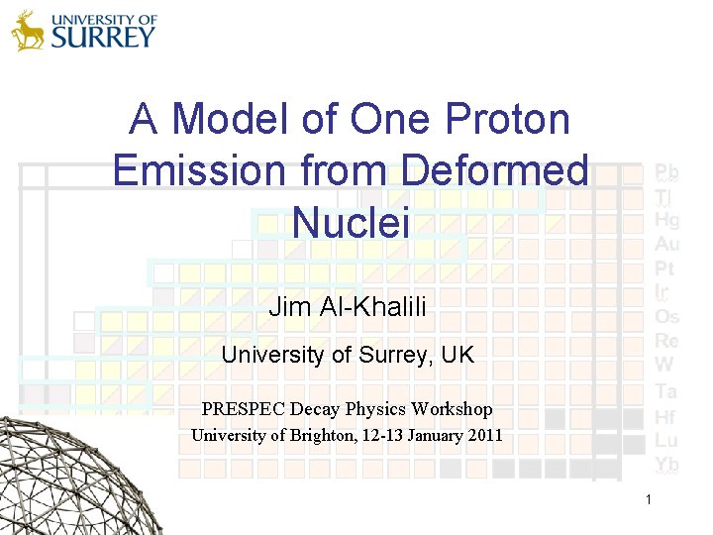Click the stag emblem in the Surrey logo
coord(29,31)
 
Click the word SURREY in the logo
coord(103,38)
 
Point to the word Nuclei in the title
coord(351,221)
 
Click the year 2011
coord(484,435)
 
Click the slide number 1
coord(648,500)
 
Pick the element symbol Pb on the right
coord(666,172)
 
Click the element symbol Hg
coord(666,220)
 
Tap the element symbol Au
coord(666,244)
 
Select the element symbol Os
coord(666,317)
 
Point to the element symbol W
coord(663,366)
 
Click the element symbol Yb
coord(666,465)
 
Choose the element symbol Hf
coord(665,417)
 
